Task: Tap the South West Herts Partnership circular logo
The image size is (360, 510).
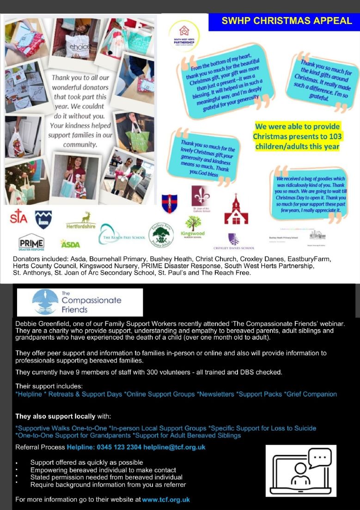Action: pyautogui.click(x=184, y=35)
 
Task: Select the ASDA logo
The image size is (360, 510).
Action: pyautogui.click(x=70, y=244)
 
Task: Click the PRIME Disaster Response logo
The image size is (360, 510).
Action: pyautogui.click(x=31, y=242)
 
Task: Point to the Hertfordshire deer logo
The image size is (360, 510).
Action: pyautogui.click(x=81, y=221)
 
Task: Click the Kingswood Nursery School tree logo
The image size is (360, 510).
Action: pyautogui.click(x=193, y=227)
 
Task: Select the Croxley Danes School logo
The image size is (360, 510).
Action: pyautogui.click(x=234, y=242)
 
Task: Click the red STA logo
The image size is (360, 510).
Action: pyautogui.click(x=18, y=216)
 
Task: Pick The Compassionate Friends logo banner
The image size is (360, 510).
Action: pyautogui.click(x=79, y=302)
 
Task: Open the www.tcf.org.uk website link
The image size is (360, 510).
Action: pyautogui.click(x=166, y=499)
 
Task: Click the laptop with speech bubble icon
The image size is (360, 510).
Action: pyautogui.click(x=301, y=470)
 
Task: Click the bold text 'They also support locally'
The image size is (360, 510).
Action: pyautogui.click(x=55, y=416)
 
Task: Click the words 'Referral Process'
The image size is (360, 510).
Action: pyautogui.click(x=40, y=447)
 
